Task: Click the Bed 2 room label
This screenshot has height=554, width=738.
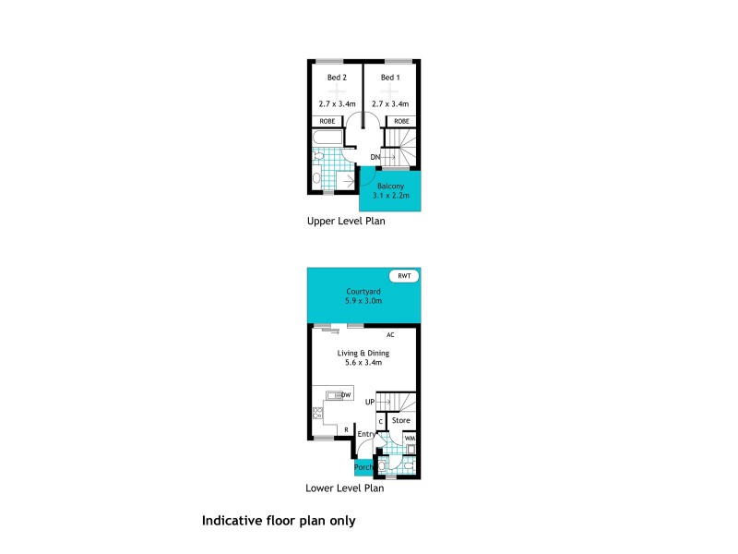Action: tap(337, 78)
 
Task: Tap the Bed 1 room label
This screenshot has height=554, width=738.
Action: tap(390, 78)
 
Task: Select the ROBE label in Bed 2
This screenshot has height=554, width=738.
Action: tap(327, 121)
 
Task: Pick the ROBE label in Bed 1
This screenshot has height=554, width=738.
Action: tap(401, 121)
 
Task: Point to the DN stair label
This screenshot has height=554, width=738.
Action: tap(375, 158)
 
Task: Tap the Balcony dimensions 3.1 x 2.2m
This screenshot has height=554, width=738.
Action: tap(390, 195)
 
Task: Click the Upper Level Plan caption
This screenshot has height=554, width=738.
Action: tap(346, 222)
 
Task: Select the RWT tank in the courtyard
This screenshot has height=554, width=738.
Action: tap(404, 276)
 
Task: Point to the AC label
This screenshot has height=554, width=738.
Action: tap(390, 335)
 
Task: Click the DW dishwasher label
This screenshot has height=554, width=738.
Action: tap(346, 395)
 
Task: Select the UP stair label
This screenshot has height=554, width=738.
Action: tap(370, 402)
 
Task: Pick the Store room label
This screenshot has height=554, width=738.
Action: tap(400, 421)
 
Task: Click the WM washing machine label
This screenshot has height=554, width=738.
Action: tap(410, 438)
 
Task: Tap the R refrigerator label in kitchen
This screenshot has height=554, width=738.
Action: tap(345, 430)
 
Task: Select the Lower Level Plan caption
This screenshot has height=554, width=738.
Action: tap(344, 488)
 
